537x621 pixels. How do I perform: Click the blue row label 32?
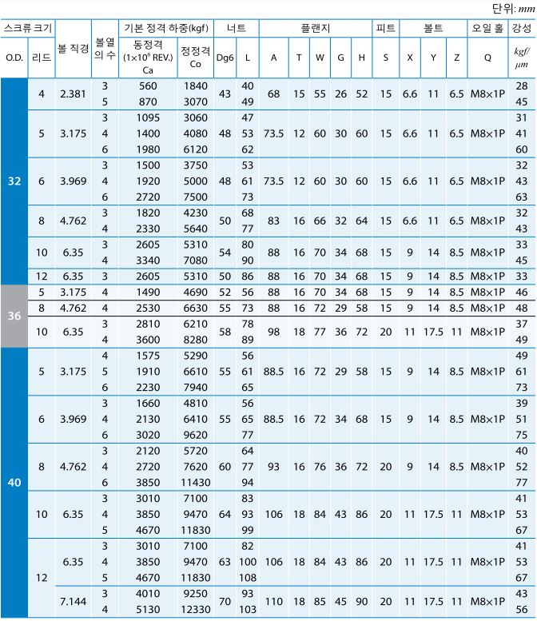coord(14,181)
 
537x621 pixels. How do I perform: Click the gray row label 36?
coord(14,316)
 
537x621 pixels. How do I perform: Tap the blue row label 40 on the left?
coord(14,482)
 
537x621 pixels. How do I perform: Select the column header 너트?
coord(237,28)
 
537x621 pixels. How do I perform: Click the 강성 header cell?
coord(522,28)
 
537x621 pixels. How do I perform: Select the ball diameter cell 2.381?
coord(74,94)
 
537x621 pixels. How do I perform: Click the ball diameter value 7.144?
coord(74,600)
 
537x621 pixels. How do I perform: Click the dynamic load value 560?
coord(148,86)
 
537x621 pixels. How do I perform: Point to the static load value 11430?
coord(196,483)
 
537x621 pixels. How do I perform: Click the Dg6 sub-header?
coord(225,58)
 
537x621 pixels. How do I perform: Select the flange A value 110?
coord(273,600)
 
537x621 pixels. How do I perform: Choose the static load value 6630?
coord(196,306)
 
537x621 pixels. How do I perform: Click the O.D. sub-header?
coord(14,58)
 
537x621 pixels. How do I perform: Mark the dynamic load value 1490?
coord(148,293)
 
